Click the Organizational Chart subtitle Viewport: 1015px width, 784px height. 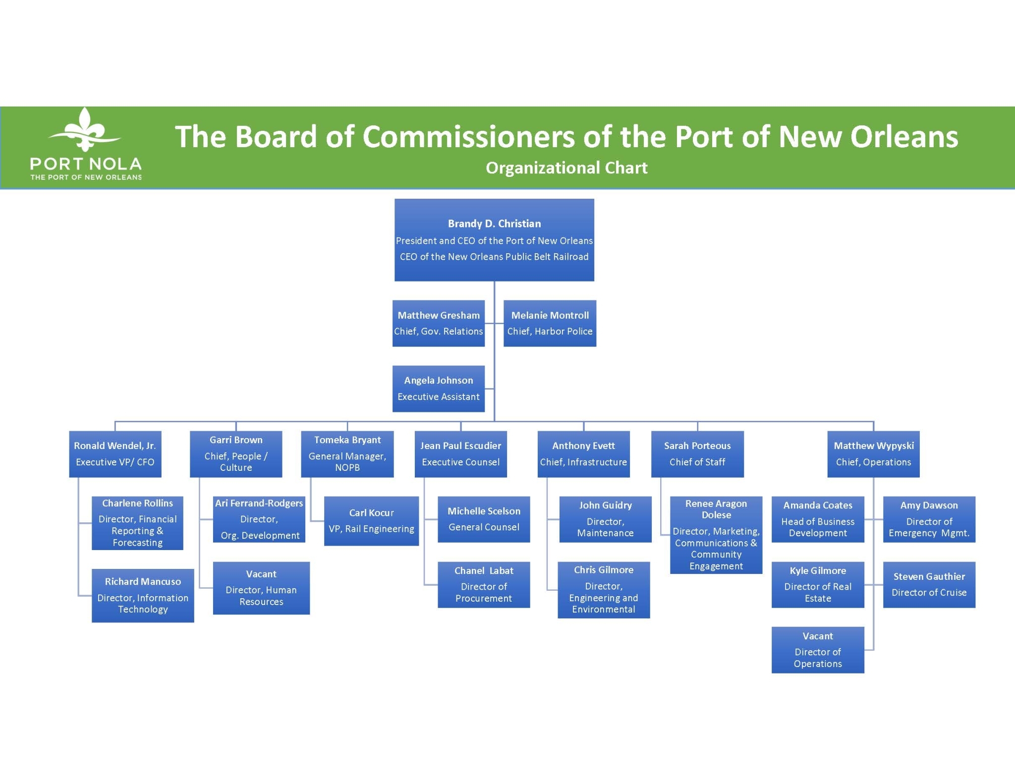[x=566, y=168]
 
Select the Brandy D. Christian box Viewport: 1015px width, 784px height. [x=494, y=240]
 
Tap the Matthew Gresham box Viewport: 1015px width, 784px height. [x=439, y=323]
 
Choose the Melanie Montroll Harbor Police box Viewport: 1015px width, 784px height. [x=550, y=323]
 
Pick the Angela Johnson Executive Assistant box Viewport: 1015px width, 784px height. [x=439, y=389]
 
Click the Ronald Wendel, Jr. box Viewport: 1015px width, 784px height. [x=115, y=454]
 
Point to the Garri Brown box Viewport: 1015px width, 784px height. [x=236, y=454]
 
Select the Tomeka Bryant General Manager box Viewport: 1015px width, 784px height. [x=347, y=454]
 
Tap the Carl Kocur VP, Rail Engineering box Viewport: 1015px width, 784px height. [x=371, y=521]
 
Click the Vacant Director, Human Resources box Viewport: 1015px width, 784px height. [x=261, y=588]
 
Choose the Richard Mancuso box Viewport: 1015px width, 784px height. [x=143, y=595]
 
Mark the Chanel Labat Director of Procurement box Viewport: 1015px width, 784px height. [x=484, y=585]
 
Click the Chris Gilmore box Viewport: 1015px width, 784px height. [x=604, y=590]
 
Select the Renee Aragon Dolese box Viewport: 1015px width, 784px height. [x=716, y=535]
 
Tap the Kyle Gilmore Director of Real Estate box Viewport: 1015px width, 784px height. [x=818, y=585]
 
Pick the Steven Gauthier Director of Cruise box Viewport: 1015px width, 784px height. [x=929, y=585]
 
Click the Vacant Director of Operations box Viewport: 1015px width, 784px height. [x=818, y=650]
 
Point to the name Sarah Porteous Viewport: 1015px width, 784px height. [x=697, y=446]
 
